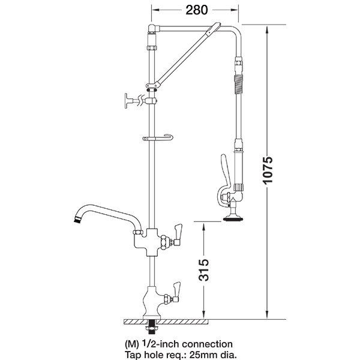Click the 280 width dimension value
(197, 10)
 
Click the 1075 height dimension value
(268, 170)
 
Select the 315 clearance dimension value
(204, 270)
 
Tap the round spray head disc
(233, 219)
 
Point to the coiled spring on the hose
(238, 84)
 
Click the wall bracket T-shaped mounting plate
(127, 101)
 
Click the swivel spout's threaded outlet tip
(78, 219)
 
